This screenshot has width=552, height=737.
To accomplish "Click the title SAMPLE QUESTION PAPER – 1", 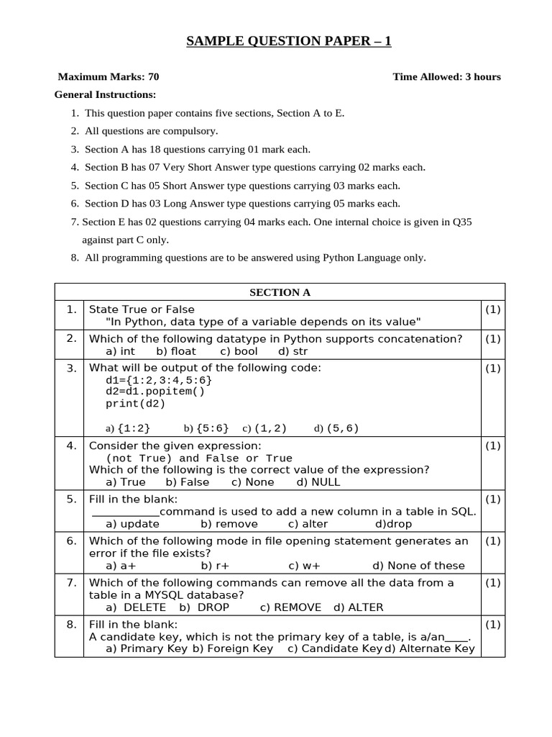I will coord(289,42).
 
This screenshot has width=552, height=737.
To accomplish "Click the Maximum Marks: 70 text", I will coord(108,77).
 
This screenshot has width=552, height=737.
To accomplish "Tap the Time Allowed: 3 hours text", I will coord(446,77).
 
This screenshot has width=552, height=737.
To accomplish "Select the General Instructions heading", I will coord(105,95).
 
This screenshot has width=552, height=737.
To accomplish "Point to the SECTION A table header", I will coord(280,292).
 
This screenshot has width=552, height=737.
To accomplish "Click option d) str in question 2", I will coord(293,351).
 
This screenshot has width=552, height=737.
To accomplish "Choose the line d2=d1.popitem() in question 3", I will coord(155,392).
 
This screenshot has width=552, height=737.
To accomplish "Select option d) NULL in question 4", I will coord(318,482).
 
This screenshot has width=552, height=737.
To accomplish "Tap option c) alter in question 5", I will coord(308,524).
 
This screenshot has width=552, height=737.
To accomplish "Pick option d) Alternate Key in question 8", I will coord(430,648).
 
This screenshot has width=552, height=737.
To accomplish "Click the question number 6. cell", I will coord(71,541).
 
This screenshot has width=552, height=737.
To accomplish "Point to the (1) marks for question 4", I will coord(492,446).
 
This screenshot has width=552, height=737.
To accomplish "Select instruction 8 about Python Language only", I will coord(254,258).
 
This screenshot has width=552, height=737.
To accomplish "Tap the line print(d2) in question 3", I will coord(135,404).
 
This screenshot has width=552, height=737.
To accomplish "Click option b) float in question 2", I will coord(175,351).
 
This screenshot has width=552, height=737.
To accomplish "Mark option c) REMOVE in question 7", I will coord(290,607).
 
